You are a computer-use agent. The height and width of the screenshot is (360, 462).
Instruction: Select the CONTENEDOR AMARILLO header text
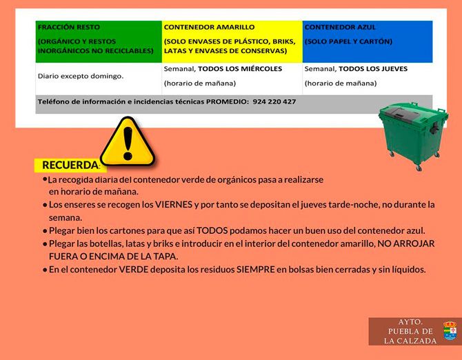(x=209, y=28)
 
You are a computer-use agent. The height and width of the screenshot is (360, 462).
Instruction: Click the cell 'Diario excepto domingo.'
(x=81, y=75)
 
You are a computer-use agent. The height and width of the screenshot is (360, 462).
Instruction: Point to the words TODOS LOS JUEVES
(x=373, y=69)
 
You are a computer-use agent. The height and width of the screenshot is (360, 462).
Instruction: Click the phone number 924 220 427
(x=274, y=101)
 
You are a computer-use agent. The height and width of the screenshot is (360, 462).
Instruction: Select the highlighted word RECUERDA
(x=70, y=166)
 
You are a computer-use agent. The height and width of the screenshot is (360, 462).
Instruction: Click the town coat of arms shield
(x=450, y=331)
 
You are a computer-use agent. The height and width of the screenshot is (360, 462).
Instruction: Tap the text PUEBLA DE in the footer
(x=411, y=332)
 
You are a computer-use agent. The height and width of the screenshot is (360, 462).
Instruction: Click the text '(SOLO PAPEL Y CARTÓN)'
(x=348, y=41)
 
